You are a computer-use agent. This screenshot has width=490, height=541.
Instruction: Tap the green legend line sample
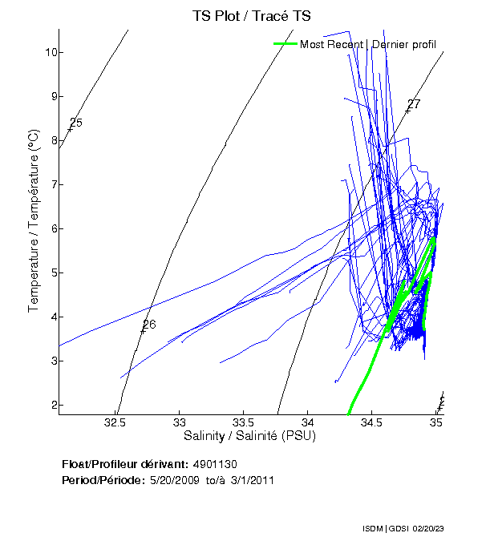point(285,44)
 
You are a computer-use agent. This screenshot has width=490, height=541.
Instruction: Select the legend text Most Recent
point(331,44)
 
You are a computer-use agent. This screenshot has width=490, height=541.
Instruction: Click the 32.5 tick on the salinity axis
point(116,421)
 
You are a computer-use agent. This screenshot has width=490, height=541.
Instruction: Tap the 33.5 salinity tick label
point(243,421)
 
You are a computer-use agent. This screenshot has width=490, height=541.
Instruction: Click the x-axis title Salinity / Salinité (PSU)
point(250,436)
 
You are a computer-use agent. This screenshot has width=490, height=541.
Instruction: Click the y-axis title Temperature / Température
point(34,223)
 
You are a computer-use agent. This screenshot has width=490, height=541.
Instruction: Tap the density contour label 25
point(76,123)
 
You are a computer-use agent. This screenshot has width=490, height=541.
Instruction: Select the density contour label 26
point(148,325)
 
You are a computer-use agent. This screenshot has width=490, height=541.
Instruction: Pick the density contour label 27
point(414,104)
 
